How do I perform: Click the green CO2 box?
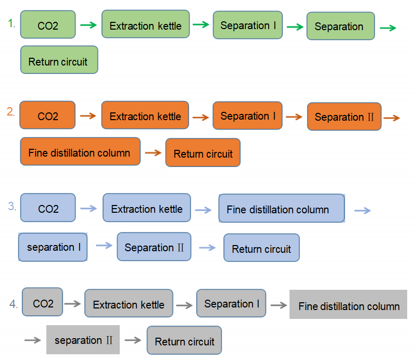(48, 24)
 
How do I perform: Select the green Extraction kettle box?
(145, 24)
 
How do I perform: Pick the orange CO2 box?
(47, 115)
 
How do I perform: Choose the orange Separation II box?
(344, 116)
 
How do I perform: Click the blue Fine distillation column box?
(281, 209)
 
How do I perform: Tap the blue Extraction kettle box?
(146, 208)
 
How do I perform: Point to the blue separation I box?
(53, 247)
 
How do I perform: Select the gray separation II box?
(83, 340)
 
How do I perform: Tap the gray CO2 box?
(43, 302)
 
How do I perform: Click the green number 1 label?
(11, 23)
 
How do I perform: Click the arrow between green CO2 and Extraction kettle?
(89, 25)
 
